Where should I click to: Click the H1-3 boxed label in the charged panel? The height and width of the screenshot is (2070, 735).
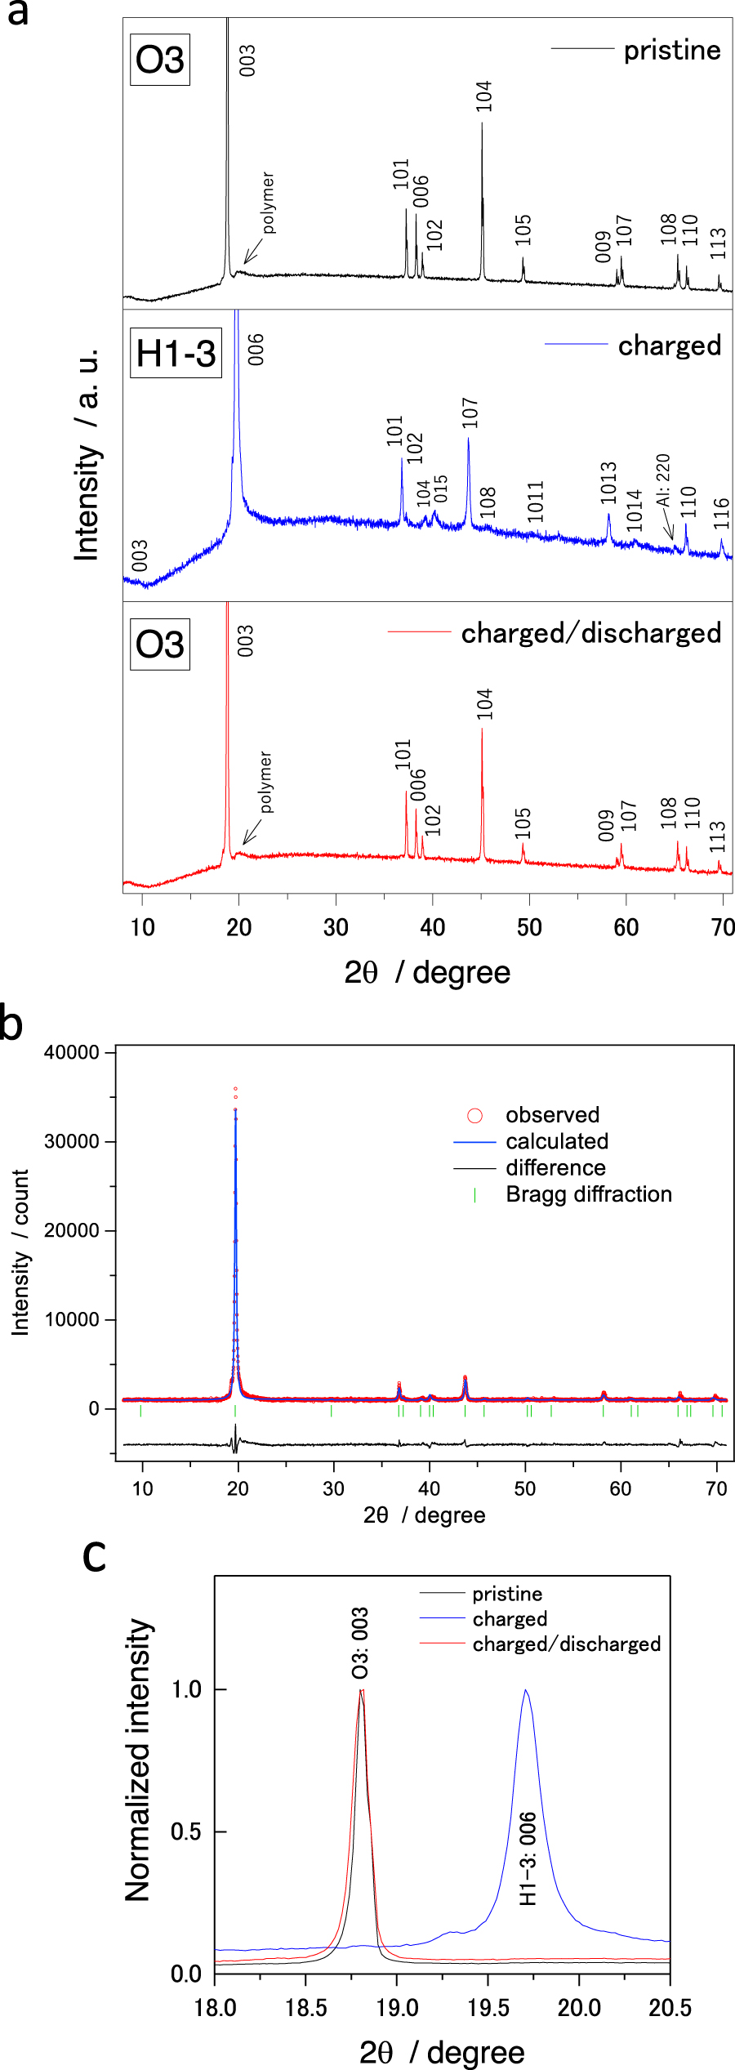[176, 354]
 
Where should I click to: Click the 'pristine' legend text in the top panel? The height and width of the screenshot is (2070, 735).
[671, 51]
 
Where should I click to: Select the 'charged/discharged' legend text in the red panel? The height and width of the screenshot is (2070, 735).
[590, 633]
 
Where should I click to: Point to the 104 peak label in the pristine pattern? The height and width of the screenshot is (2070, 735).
[484, 96]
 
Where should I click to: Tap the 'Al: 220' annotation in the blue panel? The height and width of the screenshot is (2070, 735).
[663, 480]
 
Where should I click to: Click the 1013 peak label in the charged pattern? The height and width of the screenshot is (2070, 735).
[608, 483]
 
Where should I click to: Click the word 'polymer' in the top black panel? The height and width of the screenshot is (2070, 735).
[268, 203]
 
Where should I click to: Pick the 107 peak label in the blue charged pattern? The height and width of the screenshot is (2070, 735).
[470, 413]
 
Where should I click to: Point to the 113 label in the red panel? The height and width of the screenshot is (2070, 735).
[717, 837]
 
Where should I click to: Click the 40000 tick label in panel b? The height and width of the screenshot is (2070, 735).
[72, 1053]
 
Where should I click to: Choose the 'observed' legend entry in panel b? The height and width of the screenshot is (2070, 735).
[552, 1115]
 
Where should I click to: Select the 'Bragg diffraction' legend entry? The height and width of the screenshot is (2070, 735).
[588, 1194]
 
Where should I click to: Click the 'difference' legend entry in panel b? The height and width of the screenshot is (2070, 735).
[555, 1168]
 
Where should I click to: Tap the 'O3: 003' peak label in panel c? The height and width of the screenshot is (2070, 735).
[360, 1644]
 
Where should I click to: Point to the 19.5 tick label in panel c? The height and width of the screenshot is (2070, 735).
[488, 2008]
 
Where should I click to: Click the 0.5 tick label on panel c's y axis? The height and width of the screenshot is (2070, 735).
[186, 1831]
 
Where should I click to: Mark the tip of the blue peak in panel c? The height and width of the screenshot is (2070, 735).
[526, 1690]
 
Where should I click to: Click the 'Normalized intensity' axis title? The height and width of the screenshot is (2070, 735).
[138, 1760]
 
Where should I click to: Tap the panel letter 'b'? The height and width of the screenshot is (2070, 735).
[11, 1024]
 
